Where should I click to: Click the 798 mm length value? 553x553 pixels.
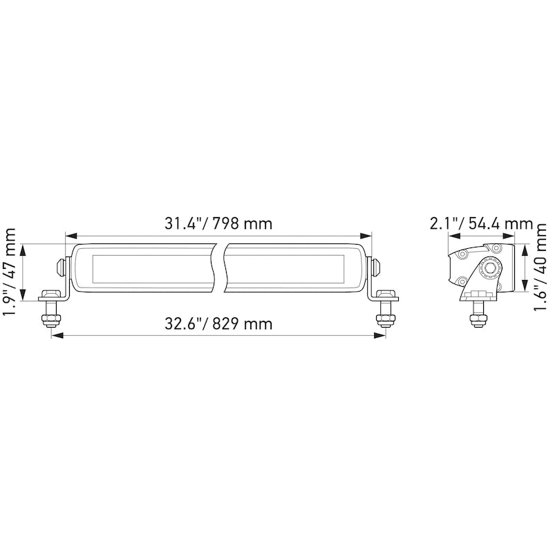(x=243, y=224)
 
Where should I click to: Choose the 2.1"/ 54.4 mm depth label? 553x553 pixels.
(x=480, y=224)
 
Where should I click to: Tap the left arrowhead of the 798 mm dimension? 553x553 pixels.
(x=68, y=236)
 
